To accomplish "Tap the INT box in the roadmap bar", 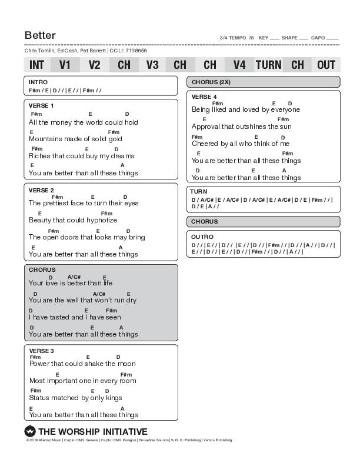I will (x=36, y=65).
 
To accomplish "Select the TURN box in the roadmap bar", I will (x=268, y=65).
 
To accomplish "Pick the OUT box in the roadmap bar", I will (x=326, y=65).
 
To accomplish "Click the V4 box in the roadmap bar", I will (x=239, y=65).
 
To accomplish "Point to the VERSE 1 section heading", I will (x=41, y=105).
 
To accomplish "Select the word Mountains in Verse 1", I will (x=45, y=139).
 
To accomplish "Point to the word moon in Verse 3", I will (x=127, y=364).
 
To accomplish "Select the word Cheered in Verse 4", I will (x=205, y=144).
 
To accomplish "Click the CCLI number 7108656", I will (x=136, y=51).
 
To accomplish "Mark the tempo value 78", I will (x=251, y=38).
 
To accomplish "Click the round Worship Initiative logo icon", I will (x=30, y=431).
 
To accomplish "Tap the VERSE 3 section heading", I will (x=41, y=351).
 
